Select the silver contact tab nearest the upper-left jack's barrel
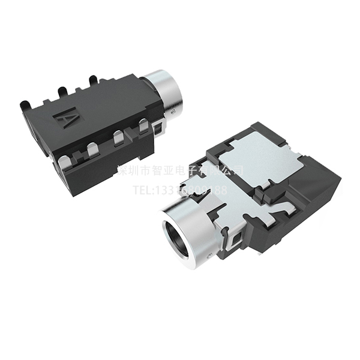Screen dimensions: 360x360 click(x=143, y=127)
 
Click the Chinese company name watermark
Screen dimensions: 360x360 click(x=180, y=170)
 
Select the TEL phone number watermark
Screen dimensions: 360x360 click(x=180, y=191)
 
